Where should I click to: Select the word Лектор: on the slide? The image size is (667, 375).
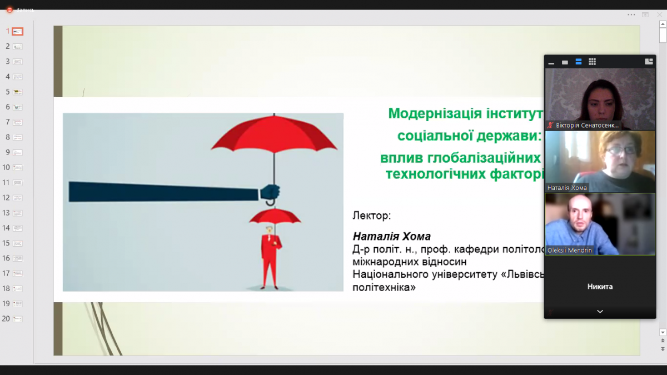(x=372, y=215)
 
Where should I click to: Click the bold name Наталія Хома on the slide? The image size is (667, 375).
(x=392, y=237)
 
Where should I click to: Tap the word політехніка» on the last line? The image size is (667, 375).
(x=384, y=288)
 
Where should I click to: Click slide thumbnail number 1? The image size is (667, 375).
(x=18, y=32)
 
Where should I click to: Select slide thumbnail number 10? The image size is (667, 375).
(x=18, y=167)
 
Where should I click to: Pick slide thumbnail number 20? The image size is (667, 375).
(x=18, y=319)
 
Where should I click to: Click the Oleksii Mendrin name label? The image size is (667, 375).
(x=570, y=251)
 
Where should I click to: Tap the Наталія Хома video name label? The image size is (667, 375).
(x=567, y=188)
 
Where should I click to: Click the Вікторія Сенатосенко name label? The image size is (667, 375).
(x=587, y=126)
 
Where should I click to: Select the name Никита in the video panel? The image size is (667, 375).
(x=600, y=287)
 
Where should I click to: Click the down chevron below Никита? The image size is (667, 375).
(x=600, y=312)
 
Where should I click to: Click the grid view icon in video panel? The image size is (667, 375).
(x=593, y=62)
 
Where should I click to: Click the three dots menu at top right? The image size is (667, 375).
(x=631, y=14)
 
